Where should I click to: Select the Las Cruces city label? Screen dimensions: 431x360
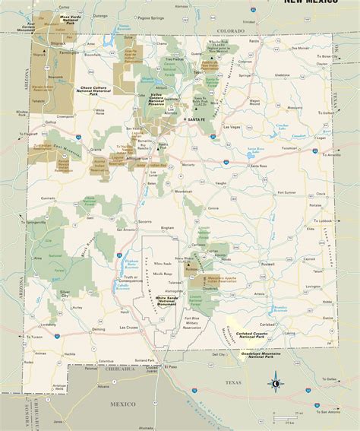131,328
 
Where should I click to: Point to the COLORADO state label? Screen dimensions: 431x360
226,31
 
